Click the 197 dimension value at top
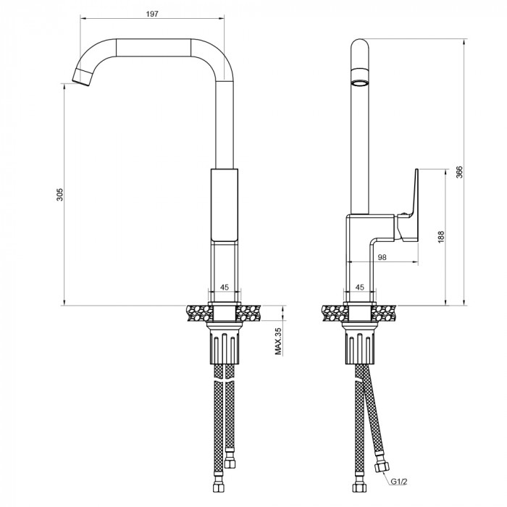point(152,14)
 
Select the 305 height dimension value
point(60,194)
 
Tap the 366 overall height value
point(459,172)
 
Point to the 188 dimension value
point(441,237)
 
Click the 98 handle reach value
point(382,257)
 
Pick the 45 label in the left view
point(225,287)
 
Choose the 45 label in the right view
point(359,287)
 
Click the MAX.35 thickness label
point(278,341)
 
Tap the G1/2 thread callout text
point(399,482)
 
